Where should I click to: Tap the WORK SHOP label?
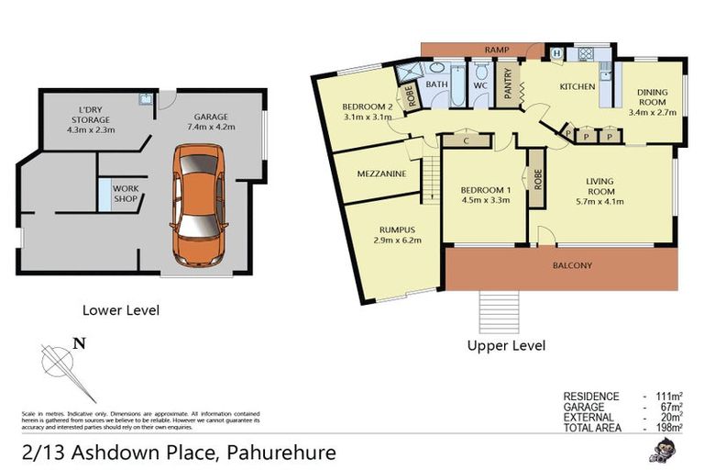click(125, 194)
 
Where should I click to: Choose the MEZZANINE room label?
click(369, 171)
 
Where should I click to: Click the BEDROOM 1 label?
click(486, 196)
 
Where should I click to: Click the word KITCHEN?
click(578, 87)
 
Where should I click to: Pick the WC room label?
click(480, 85)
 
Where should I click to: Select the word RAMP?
click(499, 50)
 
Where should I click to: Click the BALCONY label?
click(572, 266)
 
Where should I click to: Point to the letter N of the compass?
click(80, 344)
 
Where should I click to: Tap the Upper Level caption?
click(506, 346)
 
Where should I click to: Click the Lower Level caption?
click(121, 310)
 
